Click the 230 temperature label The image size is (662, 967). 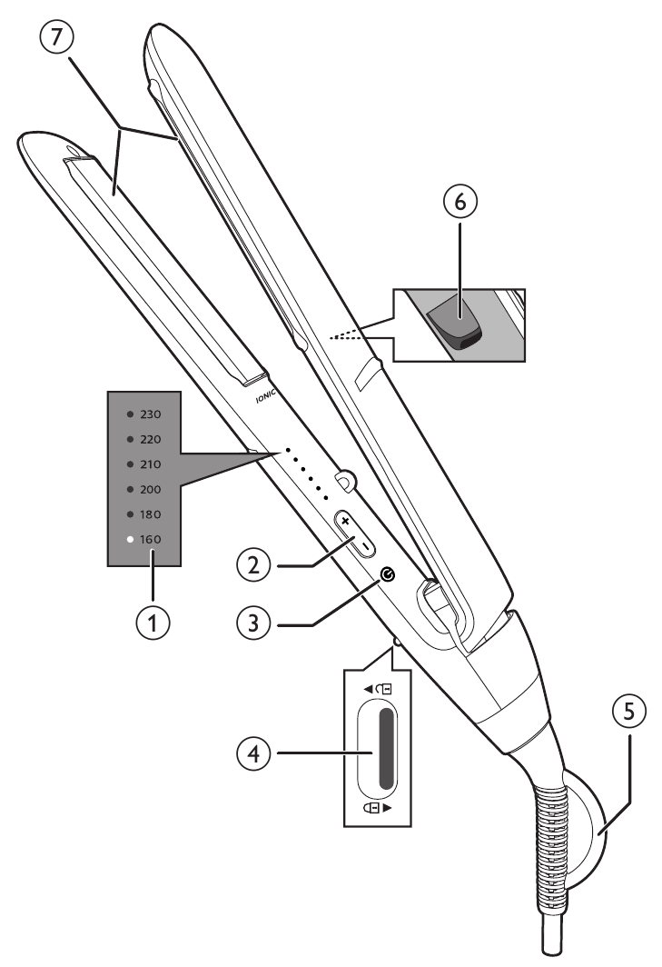coord(151,414)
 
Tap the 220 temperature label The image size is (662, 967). coord(151,439)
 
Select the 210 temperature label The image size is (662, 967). coord(151,464)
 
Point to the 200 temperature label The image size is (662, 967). coord(151,489)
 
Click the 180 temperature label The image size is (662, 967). coord(151,513)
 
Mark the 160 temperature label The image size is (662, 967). coord(151,539)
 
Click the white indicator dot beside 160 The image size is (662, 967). coord(131,539)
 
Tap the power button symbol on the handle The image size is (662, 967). coord(390,573)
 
